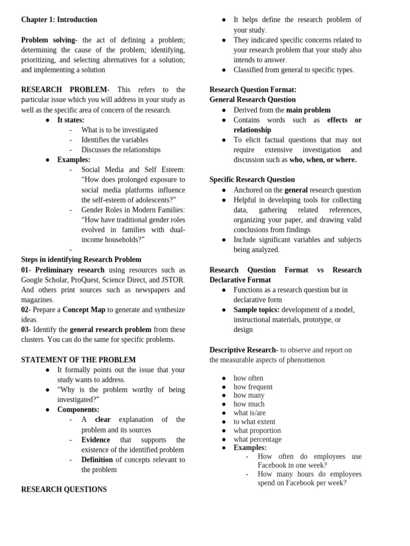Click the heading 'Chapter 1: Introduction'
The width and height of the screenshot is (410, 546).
(59, 20)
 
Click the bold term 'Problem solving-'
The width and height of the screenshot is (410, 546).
(49, 40)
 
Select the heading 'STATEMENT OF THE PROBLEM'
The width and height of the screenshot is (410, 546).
(78, 360)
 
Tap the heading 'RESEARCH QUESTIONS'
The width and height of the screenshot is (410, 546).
(64, 489)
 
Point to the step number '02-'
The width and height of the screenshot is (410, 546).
(26, 310)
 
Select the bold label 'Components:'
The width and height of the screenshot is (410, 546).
(78, 409)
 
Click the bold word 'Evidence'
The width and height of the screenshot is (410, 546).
(96, 440)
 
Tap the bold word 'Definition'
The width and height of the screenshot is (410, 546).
(97, 460)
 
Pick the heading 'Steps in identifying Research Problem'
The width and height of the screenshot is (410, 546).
(81, 260)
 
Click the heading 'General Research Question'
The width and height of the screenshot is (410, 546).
(253, 100)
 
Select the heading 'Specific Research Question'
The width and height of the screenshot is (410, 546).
(252, 180)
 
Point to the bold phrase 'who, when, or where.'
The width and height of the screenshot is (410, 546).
(323, 159)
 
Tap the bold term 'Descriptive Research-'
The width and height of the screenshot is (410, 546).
(243, 350)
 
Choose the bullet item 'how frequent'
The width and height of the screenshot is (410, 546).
(253, 387)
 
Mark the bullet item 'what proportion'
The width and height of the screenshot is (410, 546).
(257, 431)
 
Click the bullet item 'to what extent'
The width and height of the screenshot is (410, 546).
(254, 422)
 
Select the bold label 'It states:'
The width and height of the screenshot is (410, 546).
(70, 120)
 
